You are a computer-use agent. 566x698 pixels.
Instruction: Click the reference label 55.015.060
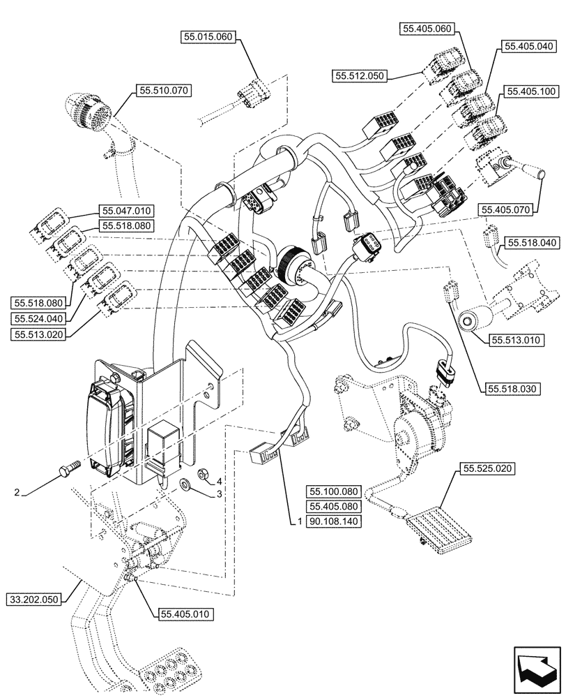click(x=210, y=39)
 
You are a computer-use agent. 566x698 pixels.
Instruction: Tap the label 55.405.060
click(x=427, y=29)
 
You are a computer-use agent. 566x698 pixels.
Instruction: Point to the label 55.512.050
click(x=360, y=75)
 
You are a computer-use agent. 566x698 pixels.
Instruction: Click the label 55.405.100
click(x=531, y=91)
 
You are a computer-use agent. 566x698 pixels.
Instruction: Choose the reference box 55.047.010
click(x=128, y=210)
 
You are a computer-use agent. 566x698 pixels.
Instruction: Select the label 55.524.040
click(x=38, y=318)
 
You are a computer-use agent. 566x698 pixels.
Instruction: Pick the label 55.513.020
click(x=38, y=335)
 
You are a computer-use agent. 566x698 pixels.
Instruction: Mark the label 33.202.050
click(x=35, y=599)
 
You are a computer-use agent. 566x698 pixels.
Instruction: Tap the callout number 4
click(x=219, y=481)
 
